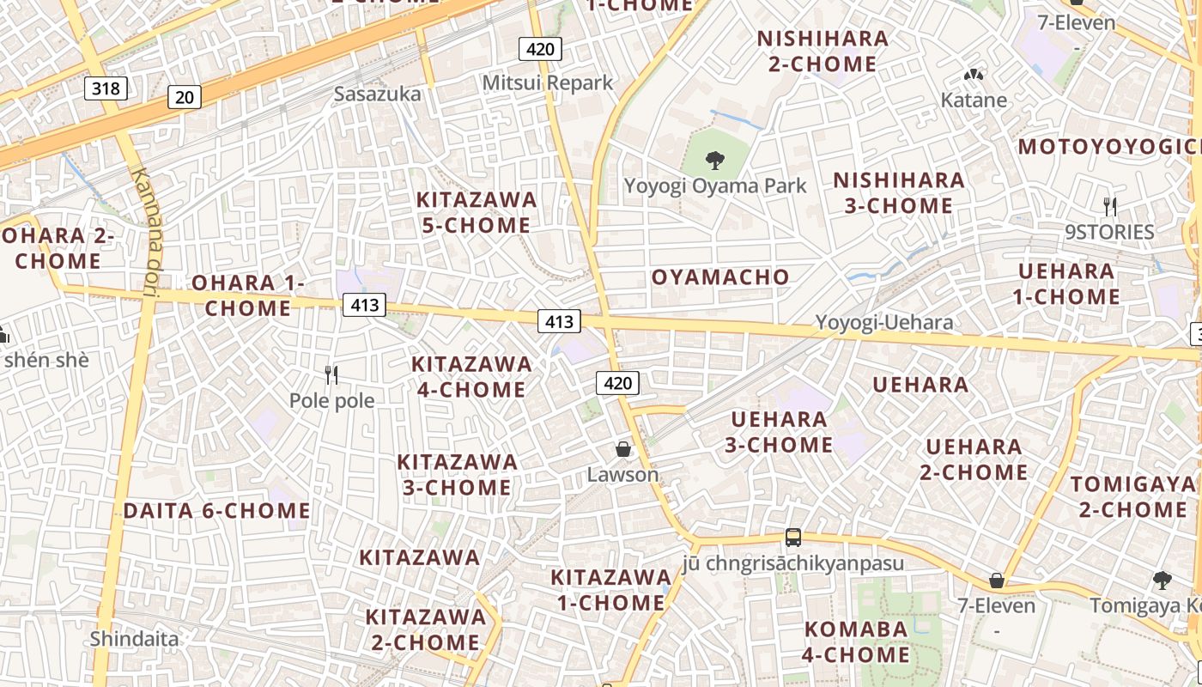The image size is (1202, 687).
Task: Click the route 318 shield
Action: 106,88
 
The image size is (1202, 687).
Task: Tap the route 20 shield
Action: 185,97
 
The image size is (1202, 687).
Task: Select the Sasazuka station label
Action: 378,94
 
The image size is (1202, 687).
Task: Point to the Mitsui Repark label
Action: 548,82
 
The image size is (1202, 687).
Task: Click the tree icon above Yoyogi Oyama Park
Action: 714,160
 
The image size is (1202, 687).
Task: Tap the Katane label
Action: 974,100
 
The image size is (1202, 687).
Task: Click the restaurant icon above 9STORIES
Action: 1110,206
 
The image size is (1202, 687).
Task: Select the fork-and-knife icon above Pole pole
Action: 331,374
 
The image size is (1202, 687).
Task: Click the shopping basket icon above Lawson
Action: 623,448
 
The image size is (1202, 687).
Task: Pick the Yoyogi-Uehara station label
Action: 884,323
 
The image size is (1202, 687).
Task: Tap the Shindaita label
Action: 135,639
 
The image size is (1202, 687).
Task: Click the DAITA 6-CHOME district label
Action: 216,511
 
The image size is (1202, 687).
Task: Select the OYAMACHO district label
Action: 720,277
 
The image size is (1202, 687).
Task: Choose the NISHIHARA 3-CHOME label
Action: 899,193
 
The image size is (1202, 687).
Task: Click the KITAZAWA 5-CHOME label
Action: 477,212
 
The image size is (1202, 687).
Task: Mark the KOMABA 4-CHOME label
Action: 856,641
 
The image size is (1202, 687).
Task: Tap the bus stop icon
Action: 793,538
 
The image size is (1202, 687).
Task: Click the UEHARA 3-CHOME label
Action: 779,432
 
